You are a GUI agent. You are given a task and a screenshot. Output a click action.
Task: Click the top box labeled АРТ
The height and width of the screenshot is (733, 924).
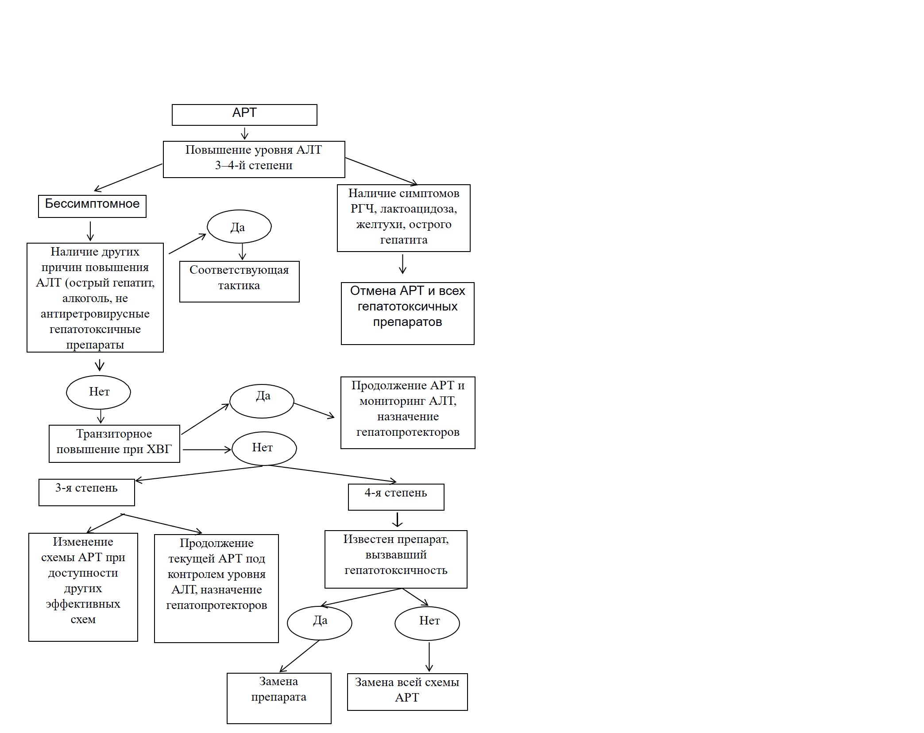click(244, 115)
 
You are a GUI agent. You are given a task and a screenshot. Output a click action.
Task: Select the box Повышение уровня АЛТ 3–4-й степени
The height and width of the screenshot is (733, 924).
click(254, 159)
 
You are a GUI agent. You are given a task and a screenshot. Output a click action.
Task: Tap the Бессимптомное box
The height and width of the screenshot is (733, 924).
click(92, 206)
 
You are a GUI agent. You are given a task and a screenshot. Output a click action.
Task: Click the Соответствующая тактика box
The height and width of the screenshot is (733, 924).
click(239, 282)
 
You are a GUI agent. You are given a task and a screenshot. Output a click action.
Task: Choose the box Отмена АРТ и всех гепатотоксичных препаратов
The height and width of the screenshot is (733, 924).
click(407, 313)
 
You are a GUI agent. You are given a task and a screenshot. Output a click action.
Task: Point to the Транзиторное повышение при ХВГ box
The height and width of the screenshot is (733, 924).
click(114, 444)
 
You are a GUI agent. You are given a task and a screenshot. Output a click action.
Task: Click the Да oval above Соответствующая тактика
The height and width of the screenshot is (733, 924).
click(239, 226)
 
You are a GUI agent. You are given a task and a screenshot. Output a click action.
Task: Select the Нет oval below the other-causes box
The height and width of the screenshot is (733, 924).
click(98, 392)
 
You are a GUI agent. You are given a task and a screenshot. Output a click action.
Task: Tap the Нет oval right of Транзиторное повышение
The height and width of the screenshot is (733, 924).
click(264, 448)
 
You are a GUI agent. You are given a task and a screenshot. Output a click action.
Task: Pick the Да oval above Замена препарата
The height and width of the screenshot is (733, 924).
click(319, 623)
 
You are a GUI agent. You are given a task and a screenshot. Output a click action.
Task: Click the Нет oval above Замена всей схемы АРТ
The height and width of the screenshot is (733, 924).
click(427, 623)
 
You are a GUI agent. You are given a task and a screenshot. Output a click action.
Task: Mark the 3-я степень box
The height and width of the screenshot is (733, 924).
click(86, 492)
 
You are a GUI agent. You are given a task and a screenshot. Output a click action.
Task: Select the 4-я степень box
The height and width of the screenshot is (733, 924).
click(396, 497)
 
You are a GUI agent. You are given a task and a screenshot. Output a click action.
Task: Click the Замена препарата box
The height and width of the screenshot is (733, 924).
click(279, 698)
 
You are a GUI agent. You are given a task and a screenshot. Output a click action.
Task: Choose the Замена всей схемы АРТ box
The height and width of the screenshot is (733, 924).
click(407, 692)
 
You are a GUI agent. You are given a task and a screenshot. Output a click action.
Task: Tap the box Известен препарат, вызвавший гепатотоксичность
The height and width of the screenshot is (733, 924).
click(396, 559)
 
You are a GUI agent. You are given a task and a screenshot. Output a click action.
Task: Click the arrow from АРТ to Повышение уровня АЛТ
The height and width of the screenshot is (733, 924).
click(244, 133)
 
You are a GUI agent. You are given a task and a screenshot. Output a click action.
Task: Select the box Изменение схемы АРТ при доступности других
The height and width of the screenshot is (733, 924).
click(83, 587)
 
